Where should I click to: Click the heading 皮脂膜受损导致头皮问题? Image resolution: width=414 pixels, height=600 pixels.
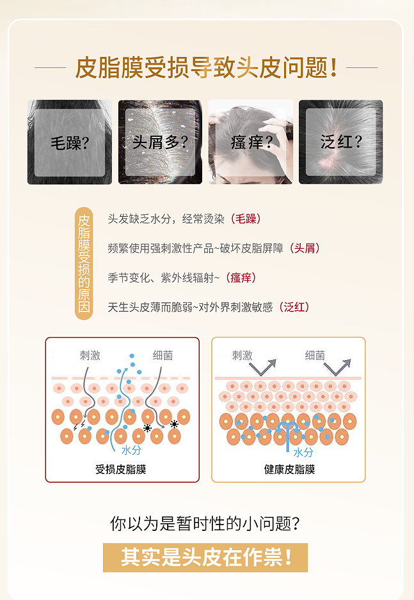point(206,67)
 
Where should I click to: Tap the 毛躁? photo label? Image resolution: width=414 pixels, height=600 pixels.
point(69,142)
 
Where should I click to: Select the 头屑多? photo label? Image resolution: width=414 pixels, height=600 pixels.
point(160,142)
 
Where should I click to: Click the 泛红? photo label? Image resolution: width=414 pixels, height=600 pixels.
point(341,142)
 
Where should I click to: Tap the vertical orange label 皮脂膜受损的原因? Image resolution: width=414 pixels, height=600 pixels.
point(83,263)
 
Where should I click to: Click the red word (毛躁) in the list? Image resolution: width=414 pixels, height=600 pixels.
point(244,219)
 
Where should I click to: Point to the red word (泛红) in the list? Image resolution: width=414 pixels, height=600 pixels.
point(294,307)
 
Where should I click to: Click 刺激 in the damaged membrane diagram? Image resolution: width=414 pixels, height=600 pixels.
point(90,355)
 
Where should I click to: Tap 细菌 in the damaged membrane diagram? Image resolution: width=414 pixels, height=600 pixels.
point(162,355)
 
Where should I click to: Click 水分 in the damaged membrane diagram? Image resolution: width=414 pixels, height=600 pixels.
point(132,450)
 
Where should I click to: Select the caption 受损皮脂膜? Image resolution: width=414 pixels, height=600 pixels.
point(121,470)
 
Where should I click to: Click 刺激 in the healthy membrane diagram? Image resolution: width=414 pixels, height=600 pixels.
point(242,355)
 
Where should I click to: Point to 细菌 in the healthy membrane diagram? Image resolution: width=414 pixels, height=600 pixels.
point(314,355)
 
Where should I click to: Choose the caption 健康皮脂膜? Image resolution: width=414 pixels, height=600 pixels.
point(289,470)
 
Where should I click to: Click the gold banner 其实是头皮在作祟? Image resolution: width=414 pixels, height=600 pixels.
point(206,557)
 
